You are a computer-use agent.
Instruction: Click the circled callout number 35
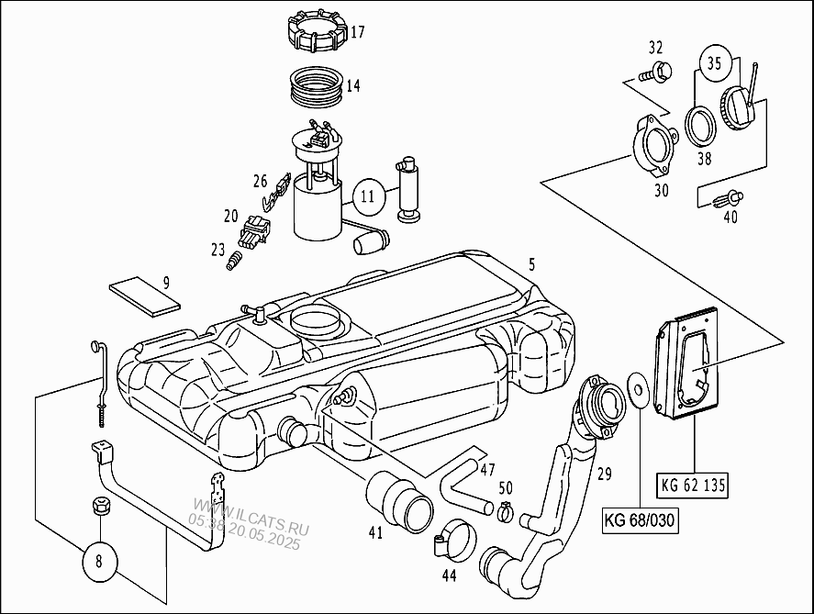tap(715, 63)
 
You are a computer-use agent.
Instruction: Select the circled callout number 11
tap(367, 195)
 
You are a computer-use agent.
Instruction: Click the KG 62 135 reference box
tap(693, 486)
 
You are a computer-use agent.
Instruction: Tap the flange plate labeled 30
tap(654, 145)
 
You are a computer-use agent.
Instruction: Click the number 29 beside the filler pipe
tap(603, 474)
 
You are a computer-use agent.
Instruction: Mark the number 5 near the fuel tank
tap(530, 265)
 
